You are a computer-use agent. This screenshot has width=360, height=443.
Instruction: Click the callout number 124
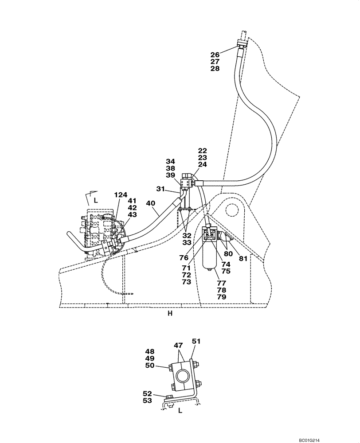click(121, 194)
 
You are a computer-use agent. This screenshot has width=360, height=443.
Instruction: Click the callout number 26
click(215, 55)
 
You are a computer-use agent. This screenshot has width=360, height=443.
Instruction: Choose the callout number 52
click(148, 393)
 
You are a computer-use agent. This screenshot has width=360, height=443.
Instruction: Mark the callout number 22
click(203, 151)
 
